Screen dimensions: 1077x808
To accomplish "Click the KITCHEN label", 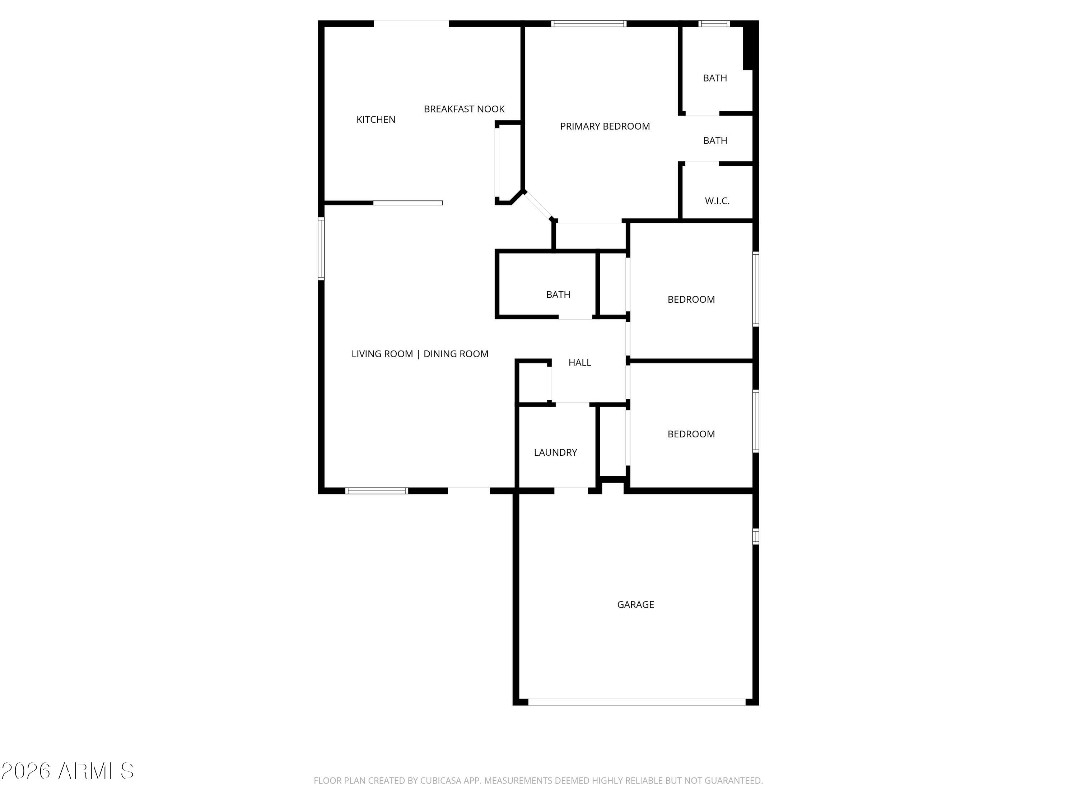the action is [x=376, y=119].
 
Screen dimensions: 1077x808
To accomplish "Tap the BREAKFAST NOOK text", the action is [x=464, y=109].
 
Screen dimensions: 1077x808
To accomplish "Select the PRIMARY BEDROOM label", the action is [x=605, y=126].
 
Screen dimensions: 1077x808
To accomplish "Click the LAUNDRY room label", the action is [x=555, y=452].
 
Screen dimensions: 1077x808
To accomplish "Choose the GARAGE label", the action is [x=635, y=604].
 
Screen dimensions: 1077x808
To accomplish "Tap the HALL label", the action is [x=579, y=362].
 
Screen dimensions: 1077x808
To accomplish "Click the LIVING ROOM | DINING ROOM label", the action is [x=420, y=354].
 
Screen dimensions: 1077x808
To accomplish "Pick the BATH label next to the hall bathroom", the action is [x=558, y=295].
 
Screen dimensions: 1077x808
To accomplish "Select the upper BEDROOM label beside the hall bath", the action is [x=691, y=299].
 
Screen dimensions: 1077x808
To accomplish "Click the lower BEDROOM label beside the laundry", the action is [x=691, y=434].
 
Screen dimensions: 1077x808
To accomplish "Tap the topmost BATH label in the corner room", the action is [x=715, y=78].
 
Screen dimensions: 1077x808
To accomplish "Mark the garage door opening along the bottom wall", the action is [x=637, y=702].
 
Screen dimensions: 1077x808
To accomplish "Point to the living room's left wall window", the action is [x=321, y=249].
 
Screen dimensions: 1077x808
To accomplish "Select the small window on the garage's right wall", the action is [x=756, y=536].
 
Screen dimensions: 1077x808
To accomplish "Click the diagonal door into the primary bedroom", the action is [x=538, y=205].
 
